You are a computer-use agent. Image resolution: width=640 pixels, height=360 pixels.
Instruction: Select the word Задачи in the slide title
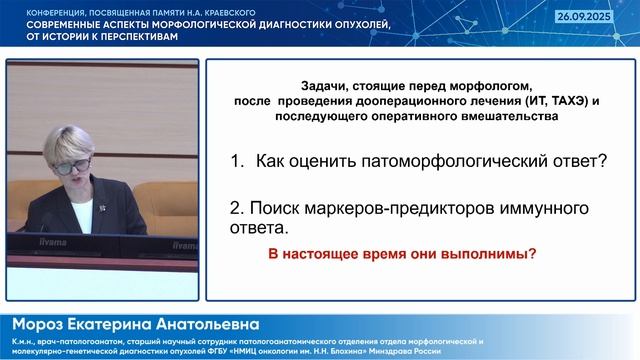[321, 87]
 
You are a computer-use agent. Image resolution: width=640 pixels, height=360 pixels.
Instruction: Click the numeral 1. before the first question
[238, 161]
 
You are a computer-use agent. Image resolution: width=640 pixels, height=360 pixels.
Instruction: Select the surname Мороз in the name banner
[41, 325]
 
